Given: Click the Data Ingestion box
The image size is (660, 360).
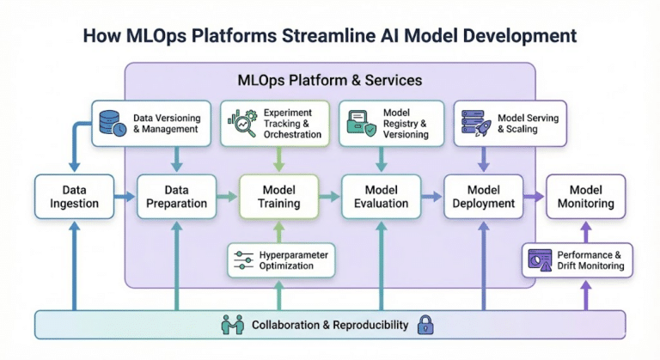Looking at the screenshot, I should click(74, 196).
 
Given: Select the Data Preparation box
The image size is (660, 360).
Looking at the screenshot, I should click(176, 196).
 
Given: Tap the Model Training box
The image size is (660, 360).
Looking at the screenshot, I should click(278, 196).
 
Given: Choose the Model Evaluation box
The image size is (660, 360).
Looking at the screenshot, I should click(381, 196).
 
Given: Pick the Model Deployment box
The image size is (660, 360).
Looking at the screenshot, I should click(484, 196).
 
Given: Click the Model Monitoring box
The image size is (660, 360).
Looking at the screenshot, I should click(586, 196).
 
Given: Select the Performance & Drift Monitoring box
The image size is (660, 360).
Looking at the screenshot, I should click(578, 260).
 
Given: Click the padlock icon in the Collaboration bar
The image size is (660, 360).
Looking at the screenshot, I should click(425, 325).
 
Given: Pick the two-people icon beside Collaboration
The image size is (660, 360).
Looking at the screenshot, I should click(233, 325).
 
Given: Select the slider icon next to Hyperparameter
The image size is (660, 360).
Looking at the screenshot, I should click(245, 260).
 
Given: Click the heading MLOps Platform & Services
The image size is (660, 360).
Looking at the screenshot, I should click(330, 81).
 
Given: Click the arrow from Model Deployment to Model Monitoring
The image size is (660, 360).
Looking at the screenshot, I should click(535, 197).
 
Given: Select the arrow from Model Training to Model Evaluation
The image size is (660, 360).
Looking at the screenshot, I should click(330, 197).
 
